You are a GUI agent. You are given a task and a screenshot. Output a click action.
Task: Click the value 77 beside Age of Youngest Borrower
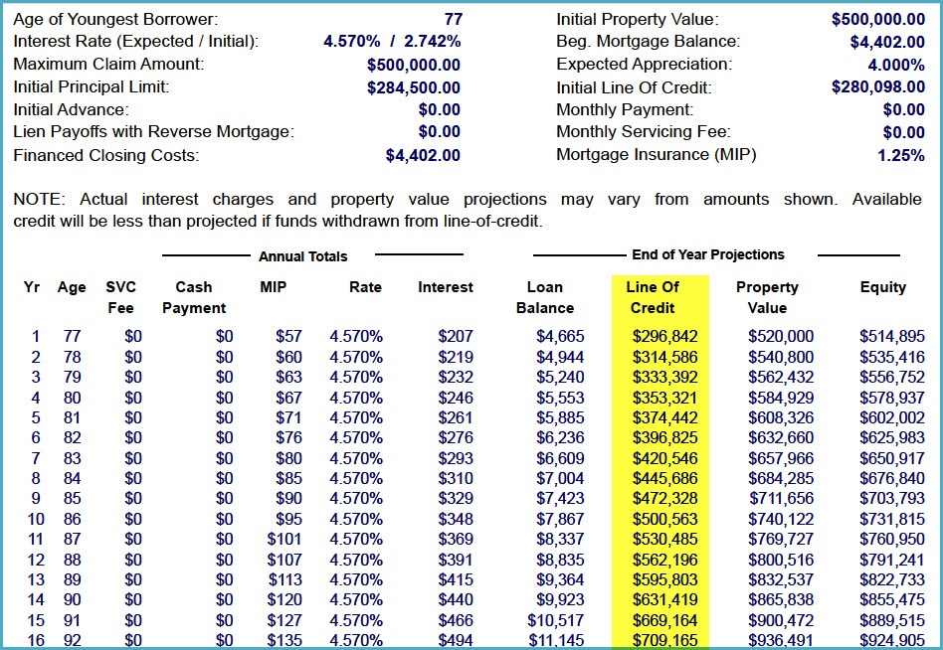point(453,19)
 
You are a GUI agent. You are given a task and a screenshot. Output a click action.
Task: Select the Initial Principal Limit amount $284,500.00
point(413,87)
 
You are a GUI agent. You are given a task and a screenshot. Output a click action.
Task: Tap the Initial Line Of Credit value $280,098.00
point(877,87)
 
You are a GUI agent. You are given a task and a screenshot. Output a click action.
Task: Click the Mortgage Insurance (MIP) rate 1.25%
point(900,155)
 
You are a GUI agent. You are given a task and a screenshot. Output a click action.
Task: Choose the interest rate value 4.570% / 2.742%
point(392,42)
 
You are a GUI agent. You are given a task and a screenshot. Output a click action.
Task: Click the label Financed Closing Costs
point(105,155)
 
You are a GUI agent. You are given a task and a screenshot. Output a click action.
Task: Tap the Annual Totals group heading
point(302,256)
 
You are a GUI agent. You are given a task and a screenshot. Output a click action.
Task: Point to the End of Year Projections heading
point(707,254)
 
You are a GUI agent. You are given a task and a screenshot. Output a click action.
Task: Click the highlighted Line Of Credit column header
point(653,297)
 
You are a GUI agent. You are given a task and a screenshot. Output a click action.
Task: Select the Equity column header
point(882,287)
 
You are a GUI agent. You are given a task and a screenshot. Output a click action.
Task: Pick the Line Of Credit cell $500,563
point(665,519)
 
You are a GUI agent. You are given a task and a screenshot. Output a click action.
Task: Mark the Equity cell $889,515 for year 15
point(891,620)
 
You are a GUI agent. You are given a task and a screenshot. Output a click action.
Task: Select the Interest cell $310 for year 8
point(455,478)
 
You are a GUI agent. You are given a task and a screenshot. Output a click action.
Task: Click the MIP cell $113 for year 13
point(284,579)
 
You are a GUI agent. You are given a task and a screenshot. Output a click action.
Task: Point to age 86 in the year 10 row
point(72,519)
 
